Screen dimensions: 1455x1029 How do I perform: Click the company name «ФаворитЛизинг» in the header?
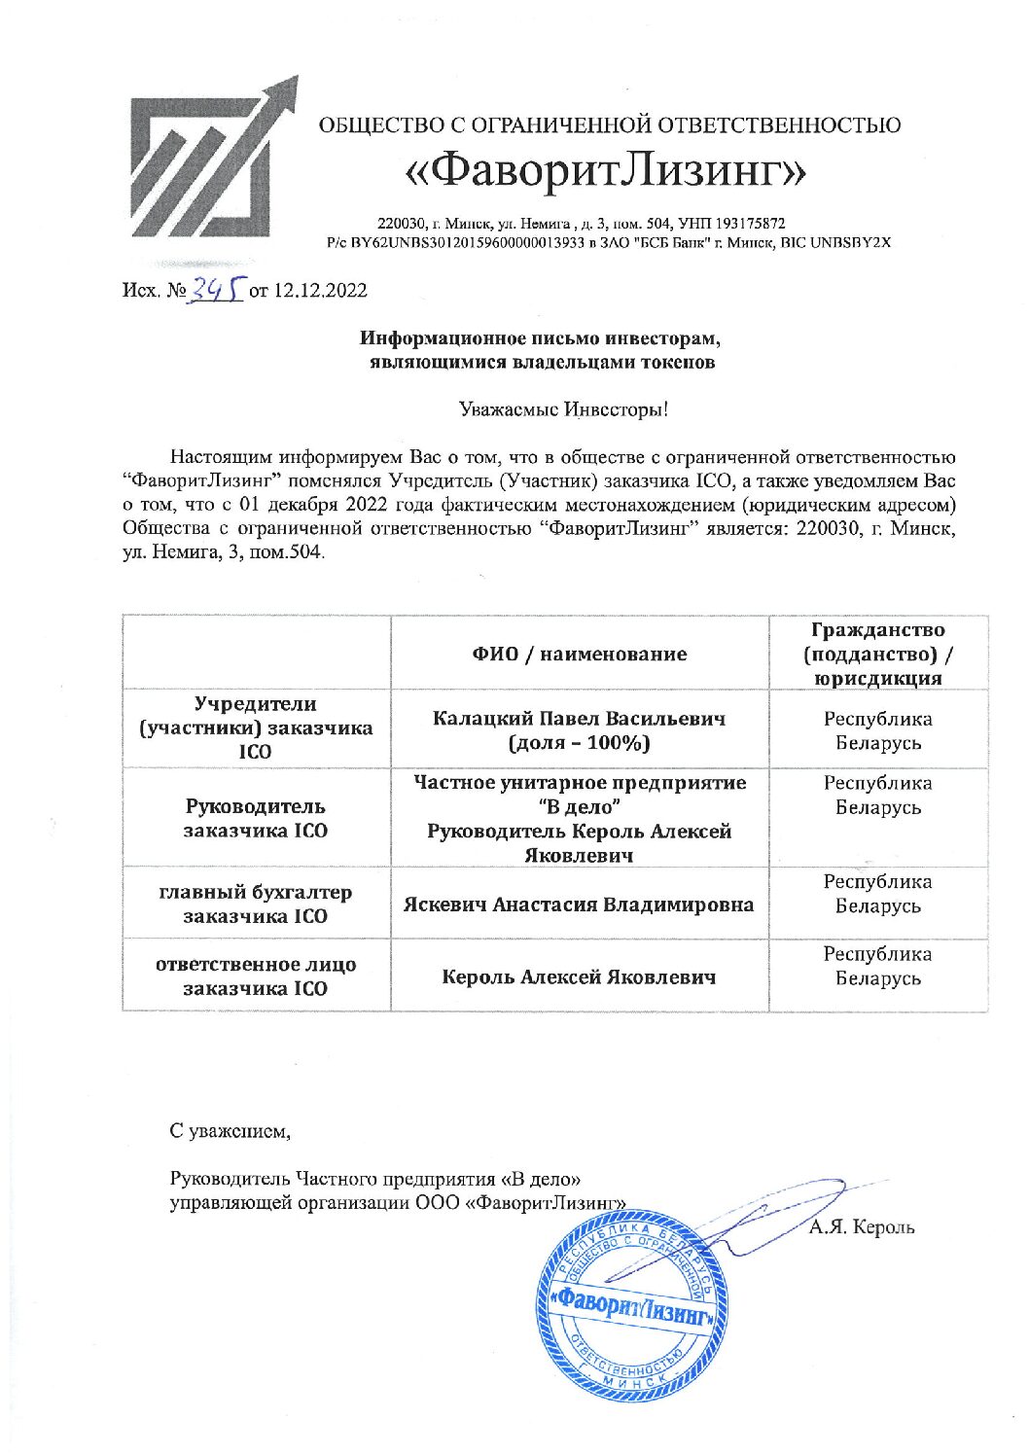[x=607, y=171]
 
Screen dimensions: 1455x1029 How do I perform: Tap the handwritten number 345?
[x=216, y=289]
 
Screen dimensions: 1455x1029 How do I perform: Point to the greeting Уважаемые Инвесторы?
[x=563, y=409]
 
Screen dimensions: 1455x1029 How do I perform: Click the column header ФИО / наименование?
[x=580, y=654]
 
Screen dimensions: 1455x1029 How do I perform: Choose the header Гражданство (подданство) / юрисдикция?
[x=877, y=654]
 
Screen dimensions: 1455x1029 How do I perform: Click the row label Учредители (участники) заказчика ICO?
[x=256, y=727]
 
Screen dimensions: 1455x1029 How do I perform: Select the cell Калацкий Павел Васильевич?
[x=580, y=729]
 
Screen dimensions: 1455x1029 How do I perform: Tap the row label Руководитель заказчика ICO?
[x=256, y=818]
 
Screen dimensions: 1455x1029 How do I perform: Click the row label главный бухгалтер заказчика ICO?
[x=256, y=904]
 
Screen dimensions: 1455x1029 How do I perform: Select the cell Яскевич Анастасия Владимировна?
[x=580, y=905]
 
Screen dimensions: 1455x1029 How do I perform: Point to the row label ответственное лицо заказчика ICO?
[x=256, y=976]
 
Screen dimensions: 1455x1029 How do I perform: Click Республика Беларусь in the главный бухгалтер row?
[x=877, y=894]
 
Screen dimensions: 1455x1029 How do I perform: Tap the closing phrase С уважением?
[x=230, y=1131]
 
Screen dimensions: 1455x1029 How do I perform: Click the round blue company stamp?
[x=627, y=1305]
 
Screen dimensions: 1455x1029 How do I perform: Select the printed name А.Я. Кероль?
[x=862, y=1227]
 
